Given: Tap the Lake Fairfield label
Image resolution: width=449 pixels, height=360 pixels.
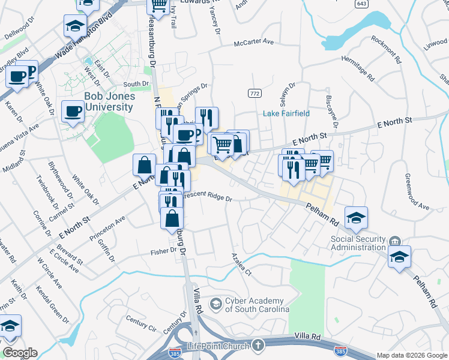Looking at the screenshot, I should pos(287,113).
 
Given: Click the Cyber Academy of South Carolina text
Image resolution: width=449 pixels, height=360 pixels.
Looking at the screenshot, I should pos(257,305).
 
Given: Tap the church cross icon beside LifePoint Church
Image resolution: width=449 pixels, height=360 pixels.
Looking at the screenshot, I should pos(258,345).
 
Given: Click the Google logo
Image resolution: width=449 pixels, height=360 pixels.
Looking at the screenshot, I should pos(19,353).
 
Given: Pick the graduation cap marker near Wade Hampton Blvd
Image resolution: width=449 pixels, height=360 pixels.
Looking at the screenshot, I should pos(75,26).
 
